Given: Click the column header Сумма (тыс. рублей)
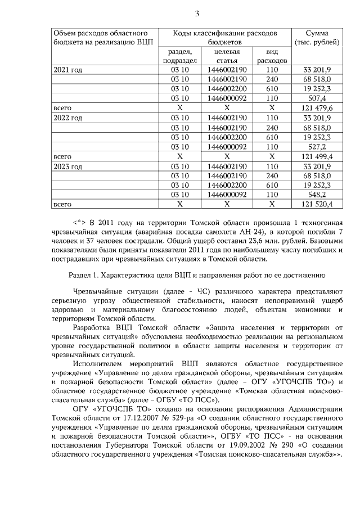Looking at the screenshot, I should coord(317,37).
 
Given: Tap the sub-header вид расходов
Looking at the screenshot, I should coord(272,56).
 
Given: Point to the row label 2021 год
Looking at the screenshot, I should coord(67,70).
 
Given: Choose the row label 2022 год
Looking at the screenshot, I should coord(67,118).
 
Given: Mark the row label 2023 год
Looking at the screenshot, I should coord(67,166).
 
